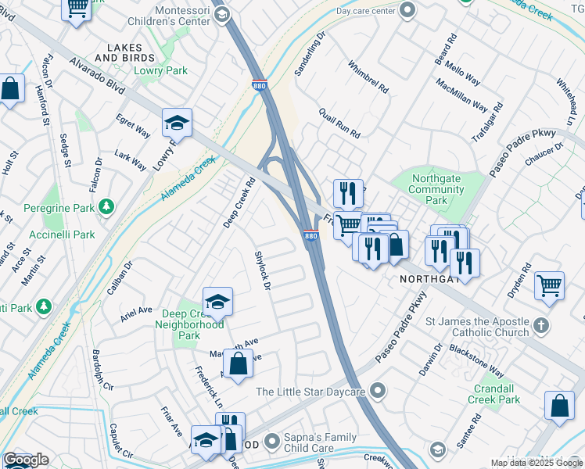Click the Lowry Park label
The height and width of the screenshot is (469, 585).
coord(171,70)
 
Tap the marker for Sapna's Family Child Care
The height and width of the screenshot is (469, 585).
coord(271,442)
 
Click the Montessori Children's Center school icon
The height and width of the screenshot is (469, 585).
coord(221,14)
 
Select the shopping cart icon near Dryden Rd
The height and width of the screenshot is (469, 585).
coord(550,285)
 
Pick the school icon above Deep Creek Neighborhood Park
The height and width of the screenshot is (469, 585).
coord(217,301)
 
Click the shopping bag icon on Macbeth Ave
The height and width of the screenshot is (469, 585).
coord(239,363)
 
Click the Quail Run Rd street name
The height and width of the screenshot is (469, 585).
coord(339,124)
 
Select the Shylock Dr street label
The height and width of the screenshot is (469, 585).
coord(262,271)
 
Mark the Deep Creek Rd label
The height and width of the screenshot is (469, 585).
coord(239,204)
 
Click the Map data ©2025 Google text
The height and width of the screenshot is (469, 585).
coord(537,463)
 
